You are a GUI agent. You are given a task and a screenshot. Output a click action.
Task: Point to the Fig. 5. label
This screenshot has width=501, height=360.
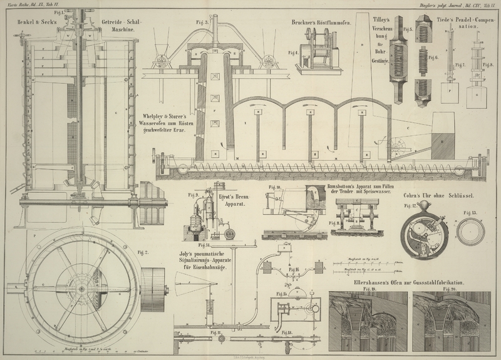point(408,29)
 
